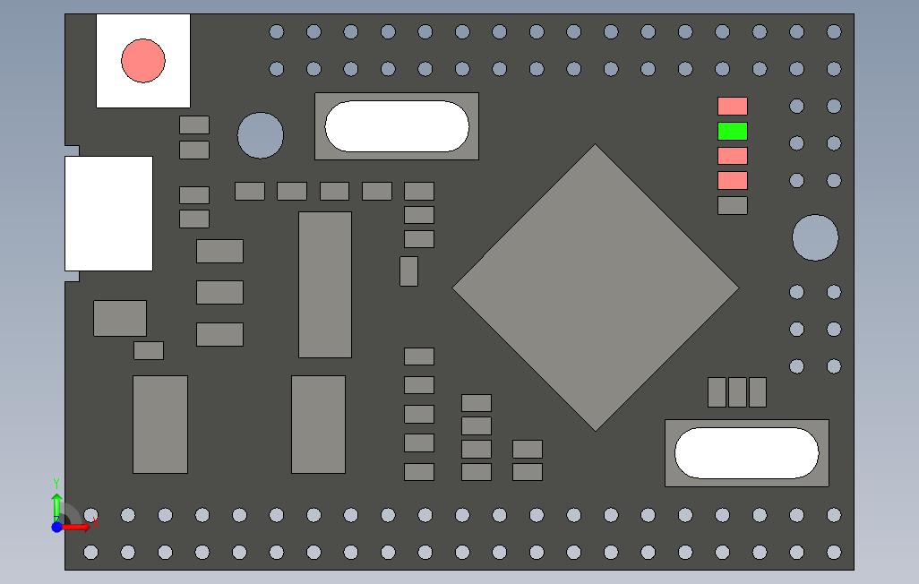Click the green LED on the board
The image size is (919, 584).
(732, 132)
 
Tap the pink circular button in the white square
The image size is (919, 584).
(143, 61)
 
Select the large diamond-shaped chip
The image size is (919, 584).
(596, 288)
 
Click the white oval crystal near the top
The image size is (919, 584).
(397, 126)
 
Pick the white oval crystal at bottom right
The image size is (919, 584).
(746, 453)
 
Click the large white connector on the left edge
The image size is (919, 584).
(108, 213)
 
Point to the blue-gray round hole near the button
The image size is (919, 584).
(261, 135)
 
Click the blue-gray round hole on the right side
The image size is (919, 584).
(815, 237)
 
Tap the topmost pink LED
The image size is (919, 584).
(732, 107)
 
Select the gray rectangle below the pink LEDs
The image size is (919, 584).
(732, 205)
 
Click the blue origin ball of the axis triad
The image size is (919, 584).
(56, 527)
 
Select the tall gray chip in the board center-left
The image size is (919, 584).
(325, 285)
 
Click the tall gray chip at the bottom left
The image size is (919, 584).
(160, 424)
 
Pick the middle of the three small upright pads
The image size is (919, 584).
(737, 392)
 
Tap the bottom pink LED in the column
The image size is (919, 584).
(732, 181)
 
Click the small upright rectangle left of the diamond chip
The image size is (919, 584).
(408, 271)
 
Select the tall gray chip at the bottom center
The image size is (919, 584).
(318, 424)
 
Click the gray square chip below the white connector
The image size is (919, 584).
(120, 318)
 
